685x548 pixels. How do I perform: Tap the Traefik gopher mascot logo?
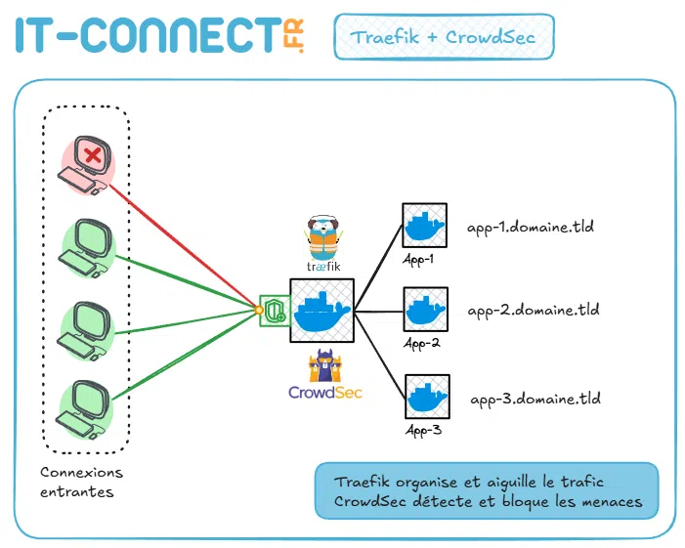(x=322, y=235)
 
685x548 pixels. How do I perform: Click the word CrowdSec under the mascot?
(x=324, y=392)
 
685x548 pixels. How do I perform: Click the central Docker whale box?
(x=321, y=310)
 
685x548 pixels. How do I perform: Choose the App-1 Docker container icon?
(x=424, y=226)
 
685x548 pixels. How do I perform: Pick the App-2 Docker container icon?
(x=425, y=310)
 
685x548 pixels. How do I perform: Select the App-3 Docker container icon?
(x=425, y=396)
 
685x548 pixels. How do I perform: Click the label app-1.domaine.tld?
(x=531, y=227)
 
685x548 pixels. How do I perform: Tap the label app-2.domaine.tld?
(x=533, y=311)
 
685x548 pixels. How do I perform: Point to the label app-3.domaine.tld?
(x=535, y=399)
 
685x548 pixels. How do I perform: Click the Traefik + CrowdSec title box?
(x=444, y=38)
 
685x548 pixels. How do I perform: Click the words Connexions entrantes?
(x=83, y=482)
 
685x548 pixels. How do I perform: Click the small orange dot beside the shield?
(x=258, y=312)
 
